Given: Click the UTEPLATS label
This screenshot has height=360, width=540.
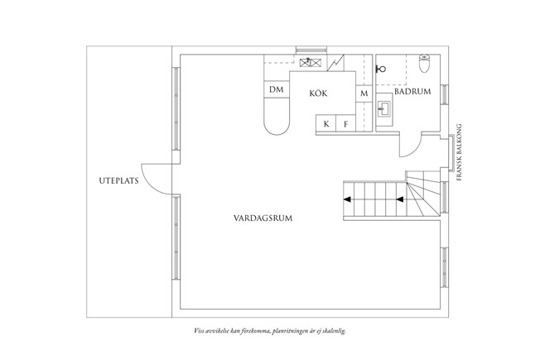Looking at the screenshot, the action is pos(118,180).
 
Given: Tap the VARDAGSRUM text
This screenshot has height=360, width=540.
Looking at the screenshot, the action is pos(263,218).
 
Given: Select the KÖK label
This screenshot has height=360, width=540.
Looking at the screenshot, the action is pos(318,93).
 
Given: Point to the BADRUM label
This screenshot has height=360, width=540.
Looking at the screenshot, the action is pos(412,92).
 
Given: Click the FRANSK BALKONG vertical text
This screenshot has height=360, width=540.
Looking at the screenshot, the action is pos(458,152).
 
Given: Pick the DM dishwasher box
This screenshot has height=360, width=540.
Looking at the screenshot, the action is pos(277,89).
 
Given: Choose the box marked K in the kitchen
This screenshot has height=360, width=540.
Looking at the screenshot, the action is pos(326,123).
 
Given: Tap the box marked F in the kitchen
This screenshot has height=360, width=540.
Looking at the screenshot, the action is pos(345,123).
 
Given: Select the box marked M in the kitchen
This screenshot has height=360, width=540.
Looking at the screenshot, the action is pos(364,94).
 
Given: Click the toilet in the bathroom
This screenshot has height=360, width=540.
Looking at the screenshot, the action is pos(424,64).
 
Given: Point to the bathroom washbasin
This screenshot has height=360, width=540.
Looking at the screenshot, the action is pos(383,109).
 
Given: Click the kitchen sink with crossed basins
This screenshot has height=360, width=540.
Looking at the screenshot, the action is pos(311,62).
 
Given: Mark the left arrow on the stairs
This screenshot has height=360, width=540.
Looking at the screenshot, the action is pos(347,199).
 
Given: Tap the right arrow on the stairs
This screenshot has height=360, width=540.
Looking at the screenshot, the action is pos(400,199).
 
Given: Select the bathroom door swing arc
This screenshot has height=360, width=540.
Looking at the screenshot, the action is pos(411,146).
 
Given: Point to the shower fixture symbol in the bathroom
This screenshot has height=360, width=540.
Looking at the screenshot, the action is pos(380,69).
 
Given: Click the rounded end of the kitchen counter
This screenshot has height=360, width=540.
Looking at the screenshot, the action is pos(277,124).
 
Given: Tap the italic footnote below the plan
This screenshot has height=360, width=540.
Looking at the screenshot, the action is pos(270,331).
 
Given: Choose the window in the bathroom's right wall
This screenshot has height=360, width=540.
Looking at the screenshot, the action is pos(445,94).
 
